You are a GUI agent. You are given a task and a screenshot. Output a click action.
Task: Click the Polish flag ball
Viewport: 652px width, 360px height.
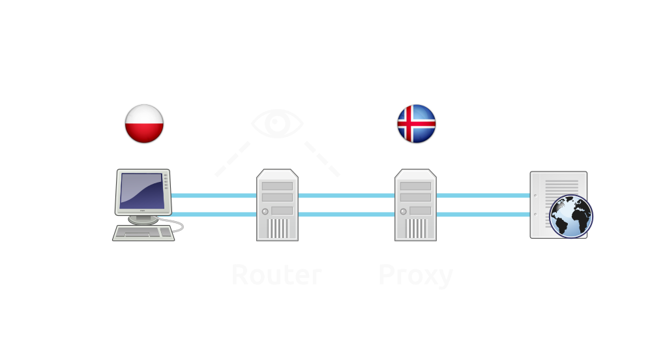tap(144, 123)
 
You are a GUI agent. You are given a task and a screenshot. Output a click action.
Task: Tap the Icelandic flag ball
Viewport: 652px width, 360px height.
tap(417, 123)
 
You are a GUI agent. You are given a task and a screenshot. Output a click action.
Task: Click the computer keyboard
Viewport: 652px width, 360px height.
tap(144, 233)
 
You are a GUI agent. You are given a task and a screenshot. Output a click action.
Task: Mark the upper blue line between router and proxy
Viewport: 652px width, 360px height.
tap(346, 196)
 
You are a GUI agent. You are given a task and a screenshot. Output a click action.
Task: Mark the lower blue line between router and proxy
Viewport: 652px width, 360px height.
tap(346, 215)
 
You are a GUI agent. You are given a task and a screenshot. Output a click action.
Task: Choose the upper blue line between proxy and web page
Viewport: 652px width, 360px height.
tap(482, 196)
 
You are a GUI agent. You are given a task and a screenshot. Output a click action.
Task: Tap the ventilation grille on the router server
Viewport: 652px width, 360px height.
tap(278, 229)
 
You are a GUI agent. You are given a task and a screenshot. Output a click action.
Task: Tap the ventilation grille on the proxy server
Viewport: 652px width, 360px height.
tap(416, 229)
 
